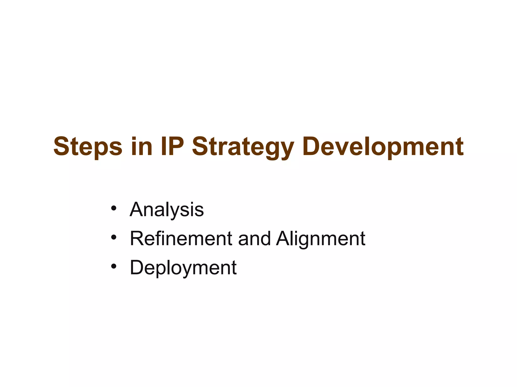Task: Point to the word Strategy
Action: click(243, 147)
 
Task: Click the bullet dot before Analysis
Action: click(114, 208)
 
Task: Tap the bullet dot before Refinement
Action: click(114, 237)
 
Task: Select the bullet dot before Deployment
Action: click(114, 266)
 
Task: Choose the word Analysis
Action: click(167, 210)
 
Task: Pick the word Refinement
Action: click(181, 239)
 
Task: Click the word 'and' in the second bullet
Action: click(254, 239)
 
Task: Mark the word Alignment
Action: click(321, 239)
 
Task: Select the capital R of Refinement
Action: click(137, 238)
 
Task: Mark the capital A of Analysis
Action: click(137, 209)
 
